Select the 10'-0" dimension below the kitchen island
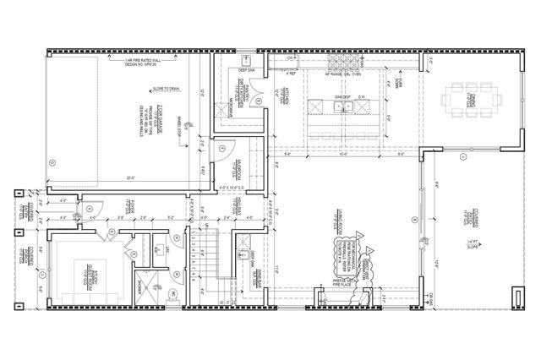342,155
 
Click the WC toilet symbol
172,293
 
